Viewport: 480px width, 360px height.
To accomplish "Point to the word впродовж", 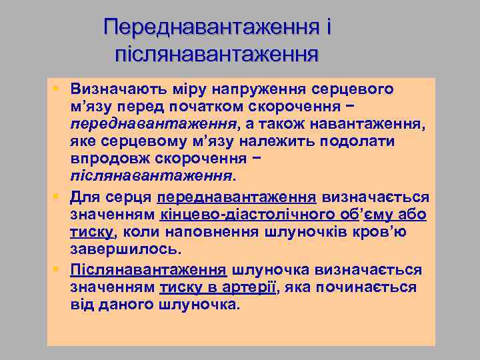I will pyautogui.click(x=111, y=160).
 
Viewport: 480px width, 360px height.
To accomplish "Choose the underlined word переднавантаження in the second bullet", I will pyautogui.click(x=236, y=198).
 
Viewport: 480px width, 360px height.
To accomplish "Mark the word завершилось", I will pyautogui.click(x=125, y=250).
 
